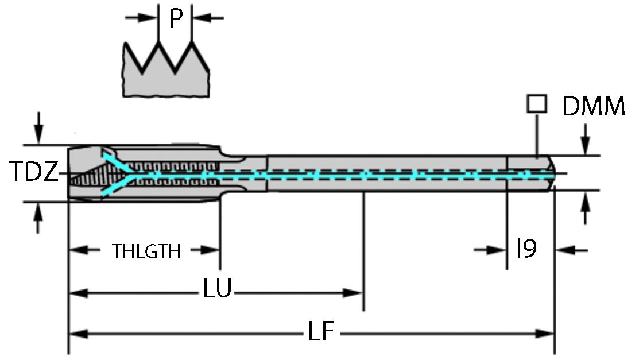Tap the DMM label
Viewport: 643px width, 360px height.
coord(594,107)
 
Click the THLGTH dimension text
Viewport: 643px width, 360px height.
coord(147,251)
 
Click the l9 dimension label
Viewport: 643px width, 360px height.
coord(526,249)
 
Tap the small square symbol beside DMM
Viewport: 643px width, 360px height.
coord(536,104)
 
